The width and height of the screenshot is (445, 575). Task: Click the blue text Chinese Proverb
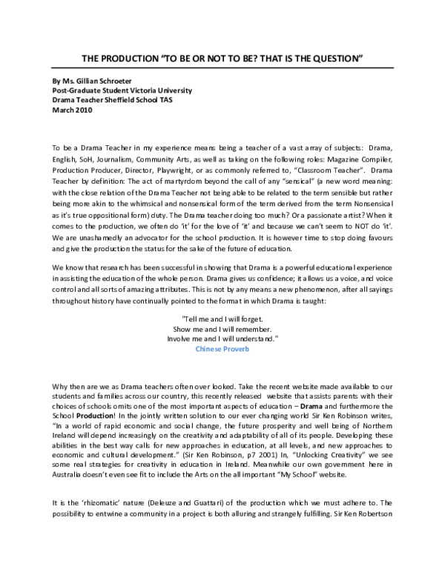[223, 347]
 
